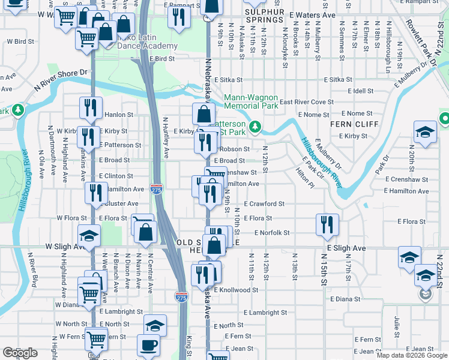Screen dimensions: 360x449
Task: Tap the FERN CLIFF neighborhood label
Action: point(354,124)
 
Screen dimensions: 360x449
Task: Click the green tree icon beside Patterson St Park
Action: point(255,126)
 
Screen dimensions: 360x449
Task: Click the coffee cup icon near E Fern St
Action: point(148,345)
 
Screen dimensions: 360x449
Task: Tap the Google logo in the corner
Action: point(20,353)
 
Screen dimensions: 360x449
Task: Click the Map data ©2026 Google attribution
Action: point(411,355)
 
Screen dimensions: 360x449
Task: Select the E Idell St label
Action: point(360,91)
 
